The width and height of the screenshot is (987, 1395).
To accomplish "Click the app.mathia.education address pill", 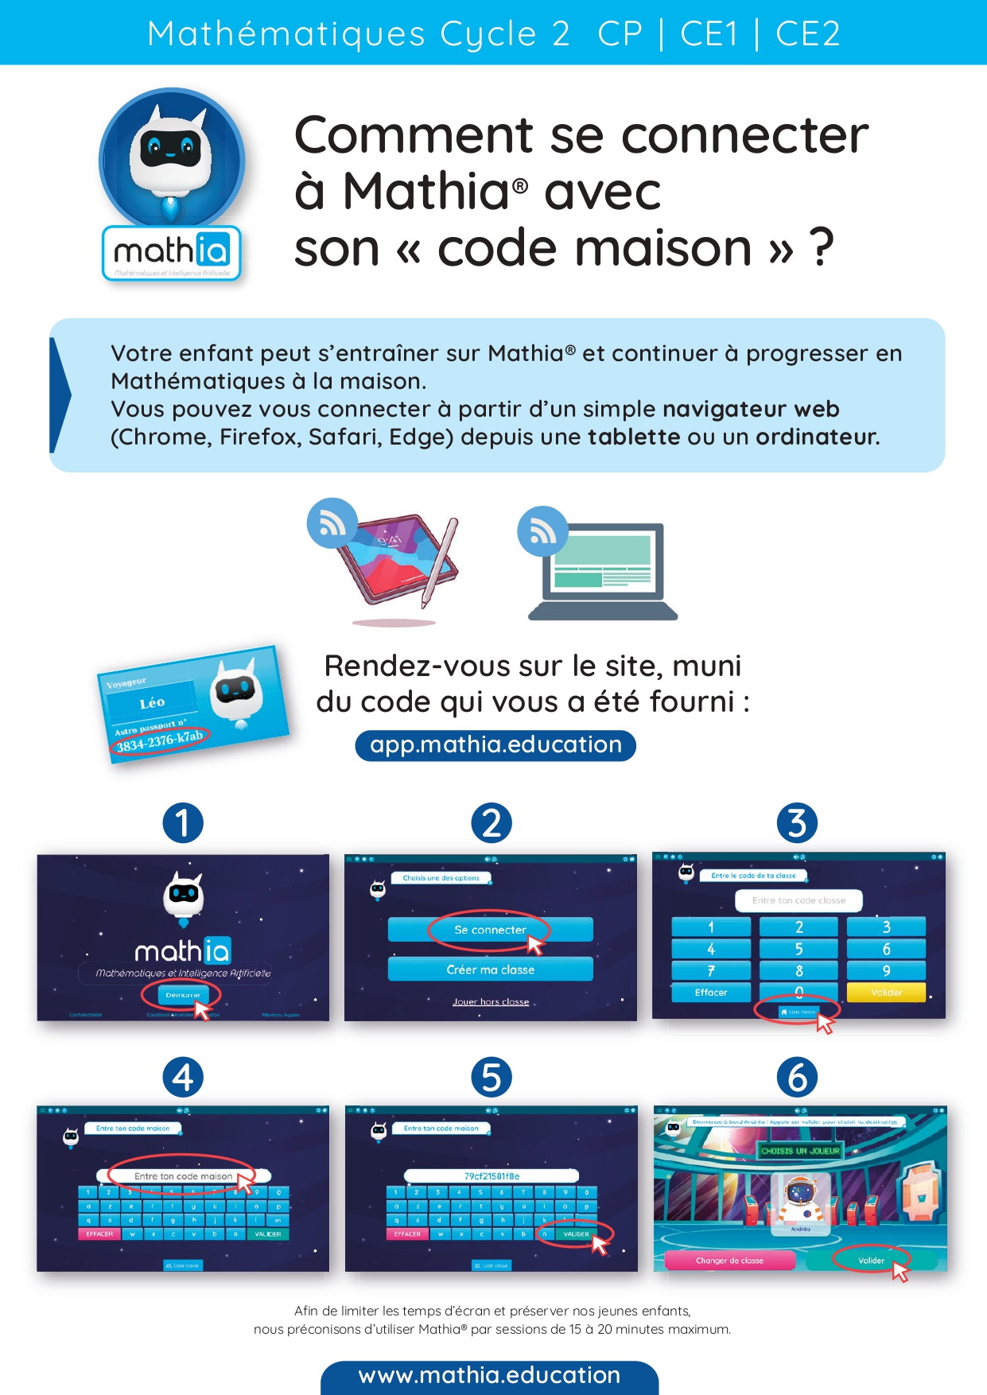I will click(x=495, y=745).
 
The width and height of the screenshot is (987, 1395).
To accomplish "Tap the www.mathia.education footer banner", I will click(x=489, y=1376).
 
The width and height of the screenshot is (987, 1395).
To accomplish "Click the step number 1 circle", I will click(x=183, y=822).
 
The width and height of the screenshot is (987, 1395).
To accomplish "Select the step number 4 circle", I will click(x=183, y=1078).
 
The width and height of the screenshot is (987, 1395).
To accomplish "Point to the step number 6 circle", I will click(x=797, y=1078).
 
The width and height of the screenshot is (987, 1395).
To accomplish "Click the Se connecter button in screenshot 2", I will click(x=490, y=930).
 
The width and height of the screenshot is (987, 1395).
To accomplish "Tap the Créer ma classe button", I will click(x=490, y=970).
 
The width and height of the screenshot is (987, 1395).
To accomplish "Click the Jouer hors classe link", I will click(x=491, y=1002).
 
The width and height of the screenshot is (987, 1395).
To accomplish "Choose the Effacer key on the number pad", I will click(x=711, y=993).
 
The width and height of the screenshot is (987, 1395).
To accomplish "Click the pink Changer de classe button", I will click(x=729, y=1261).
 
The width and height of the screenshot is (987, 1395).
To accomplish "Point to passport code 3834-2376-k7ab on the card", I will click(x=159, y=740).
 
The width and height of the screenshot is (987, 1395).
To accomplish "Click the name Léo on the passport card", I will click(x=152, y=703).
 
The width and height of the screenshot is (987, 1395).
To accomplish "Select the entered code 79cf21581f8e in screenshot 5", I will click(x=492, y=1176).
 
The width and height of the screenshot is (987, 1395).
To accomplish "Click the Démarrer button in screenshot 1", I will click(x=182, y=995).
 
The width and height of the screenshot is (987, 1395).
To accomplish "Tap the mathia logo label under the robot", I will click(x=172, y=253).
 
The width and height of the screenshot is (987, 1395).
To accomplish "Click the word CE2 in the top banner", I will click(x=807, y=33).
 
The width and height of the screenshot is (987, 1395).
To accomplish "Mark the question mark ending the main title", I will click(x=821, y=248).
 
